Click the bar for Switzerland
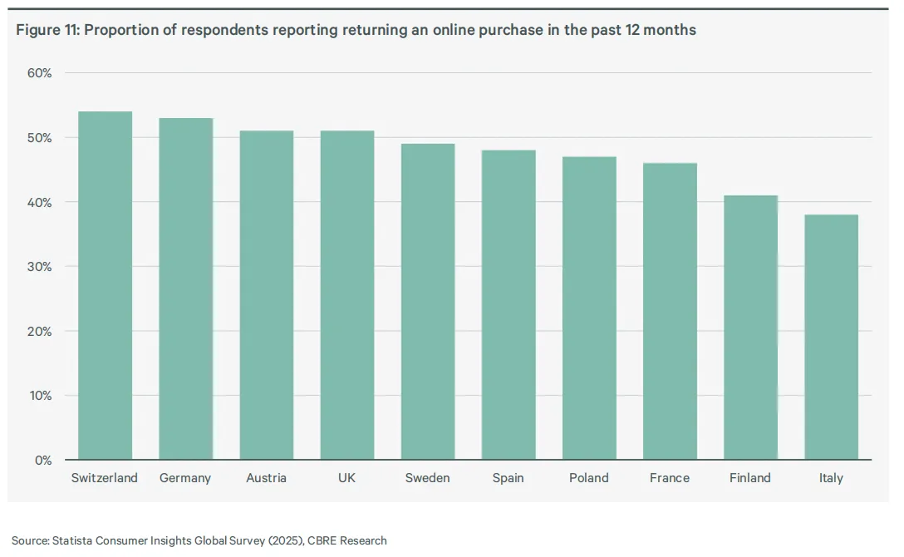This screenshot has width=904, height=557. point(105,285)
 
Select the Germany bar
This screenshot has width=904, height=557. point(185,288)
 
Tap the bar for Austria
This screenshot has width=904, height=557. point(267,295)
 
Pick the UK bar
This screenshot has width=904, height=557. point(347,295)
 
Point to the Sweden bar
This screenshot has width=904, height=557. point(428,302)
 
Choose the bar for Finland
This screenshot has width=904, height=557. point(750,328)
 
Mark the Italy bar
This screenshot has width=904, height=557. point(832,338)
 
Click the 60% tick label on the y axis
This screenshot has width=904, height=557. point(39,73)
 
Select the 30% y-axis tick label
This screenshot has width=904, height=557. point(39,267)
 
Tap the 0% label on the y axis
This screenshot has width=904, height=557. point(42,461)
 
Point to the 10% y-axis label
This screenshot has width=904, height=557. point(41,396)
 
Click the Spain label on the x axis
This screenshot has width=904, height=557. point(508,478)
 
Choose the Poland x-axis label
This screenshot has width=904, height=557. point(588,478)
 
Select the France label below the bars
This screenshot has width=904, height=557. point(670,478)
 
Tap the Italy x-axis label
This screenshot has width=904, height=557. point(831,478)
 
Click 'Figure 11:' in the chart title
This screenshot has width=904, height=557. point(48,30)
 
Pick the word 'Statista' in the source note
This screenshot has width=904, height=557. point(72,541)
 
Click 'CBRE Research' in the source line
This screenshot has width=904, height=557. point(347,541)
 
